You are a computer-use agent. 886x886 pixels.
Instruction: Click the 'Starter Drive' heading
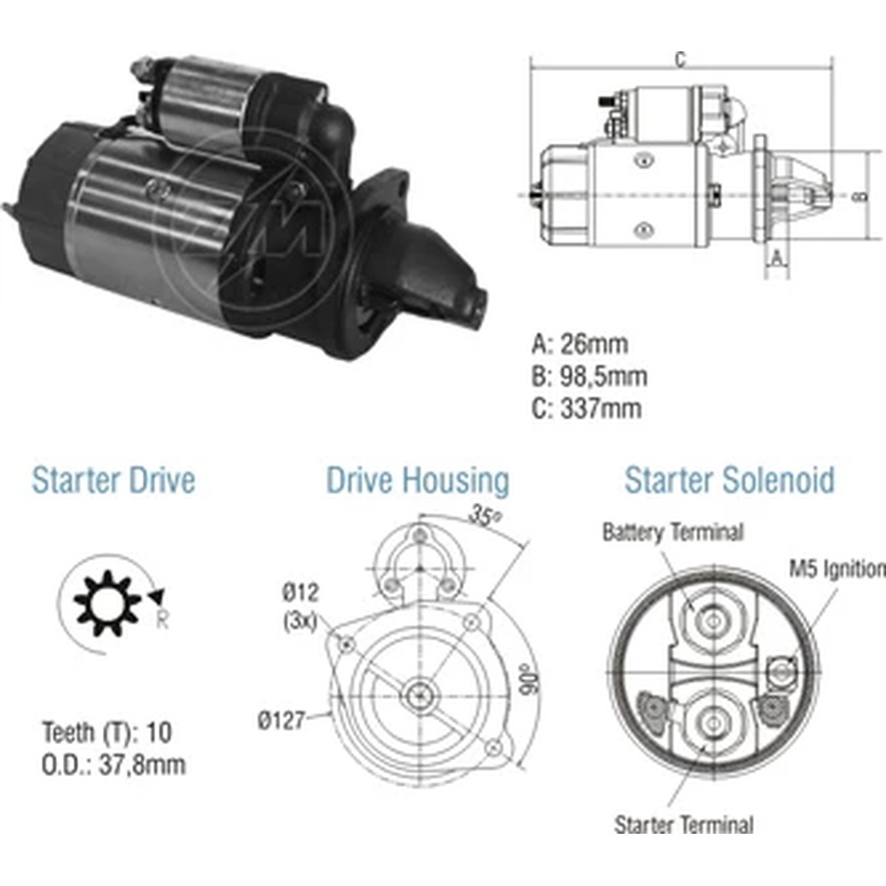click(113, 480)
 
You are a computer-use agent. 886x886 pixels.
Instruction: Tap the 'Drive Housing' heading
click(417, 481)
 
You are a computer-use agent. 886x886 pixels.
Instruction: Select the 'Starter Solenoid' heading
click(729, 480)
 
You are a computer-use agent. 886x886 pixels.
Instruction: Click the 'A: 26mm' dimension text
click(579, 344)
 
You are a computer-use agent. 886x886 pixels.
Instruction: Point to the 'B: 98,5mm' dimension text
click(589, 377)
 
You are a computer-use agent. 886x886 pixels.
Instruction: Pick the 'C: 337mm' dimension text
click(587, 408)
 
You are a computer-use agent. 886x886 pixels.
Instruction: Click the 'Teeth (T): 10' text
click(106, 733)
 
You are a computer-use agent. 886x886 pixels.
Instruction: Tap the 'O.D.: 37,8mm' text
click(113, 766)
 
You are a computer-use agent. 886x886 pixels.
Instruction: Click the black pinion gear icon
click(107, 604)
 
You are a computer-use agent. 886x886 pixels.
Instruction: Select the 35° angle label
click(485, 517)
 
